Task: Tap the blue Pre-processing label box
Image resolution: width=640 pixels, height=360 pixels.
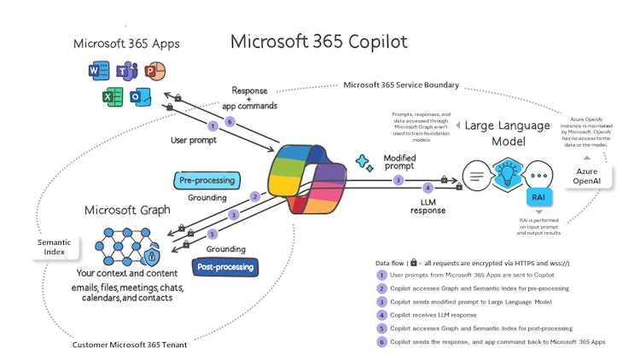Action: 208,180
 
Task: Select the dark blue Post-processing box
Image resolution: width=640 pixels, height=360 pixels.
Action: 227,266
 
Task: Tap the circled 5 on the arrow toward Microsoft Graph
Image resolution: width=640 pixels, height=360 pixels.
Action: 212,234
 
